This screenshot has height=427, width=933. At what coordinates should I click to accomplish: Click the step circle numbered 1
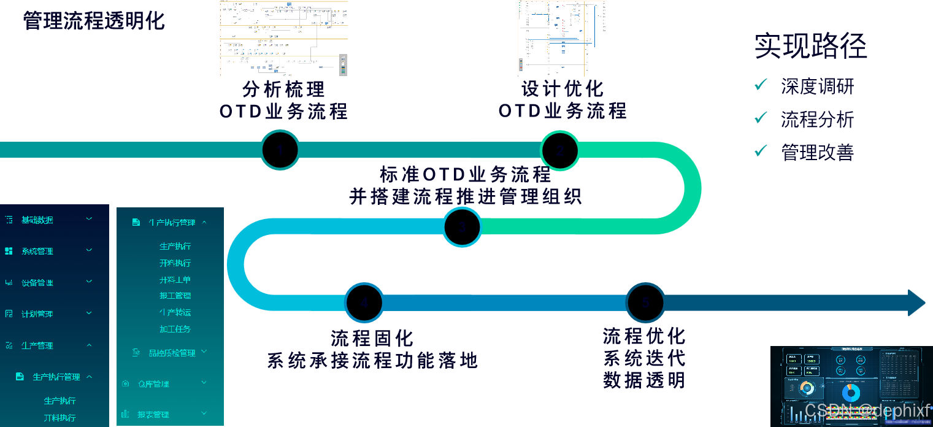pyautogui.click(x=280, y=150)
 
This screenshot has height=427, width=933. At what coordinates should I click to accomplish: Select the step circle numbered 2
pyautogui.click(x=559, y=150)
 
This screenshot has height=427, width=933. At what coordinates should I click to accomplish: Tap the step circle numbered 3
pyautogui.click(x=463, y=227)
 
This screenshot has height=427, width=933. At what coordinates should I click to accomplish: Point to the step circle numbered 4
pyautogui.click(x=364, y=303)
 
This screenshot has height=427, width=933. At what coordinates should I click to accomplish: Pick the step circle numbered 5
pyautogui.click(x=645, y=302)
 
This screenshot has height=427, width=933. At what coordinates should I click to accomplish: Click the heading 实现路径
pyautogui.click(x=810, y=46)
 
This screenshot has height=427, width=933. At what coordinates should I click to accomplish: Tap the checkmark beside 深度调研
pyautogui.click(x=761, y=85)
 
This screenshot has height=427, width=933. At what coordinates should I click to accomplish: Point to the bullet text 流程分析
pyautogui.click(x=817, y=119)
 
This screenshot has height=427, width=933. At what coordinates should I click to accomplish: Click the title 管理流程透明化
pyautogui.click(x=94, y=21)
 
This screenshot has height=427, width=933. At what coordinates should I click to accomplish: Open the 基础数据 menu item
pyautogui.click(x=37, y=220)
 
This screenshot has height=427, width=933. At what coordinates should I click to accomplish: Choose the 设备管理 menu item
pyautogui.click(x=37, y=283)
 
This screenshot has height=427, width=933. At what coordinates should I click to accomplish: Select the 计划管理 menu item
pyautogui.click(x=37, y=314)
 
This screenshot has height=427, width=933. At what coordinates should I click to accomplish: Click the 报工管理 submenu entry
pyautogui.click(x=175, y=296)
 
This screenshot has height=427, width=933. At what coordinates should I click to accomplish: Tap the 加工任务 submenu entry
pyautogui.click(x=175, y=329)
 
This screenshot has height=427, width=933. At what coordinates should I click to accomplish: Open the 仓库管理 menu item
pyautogui.click(x=153, y=384)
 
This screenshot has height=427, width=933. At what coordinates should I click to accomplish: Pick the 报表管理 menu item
pyautogui.click(x=153, y=415)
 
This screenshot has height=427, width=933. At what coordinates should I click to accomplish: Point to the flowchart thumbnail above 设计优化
pyautogui.click(x=562, y=38)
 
